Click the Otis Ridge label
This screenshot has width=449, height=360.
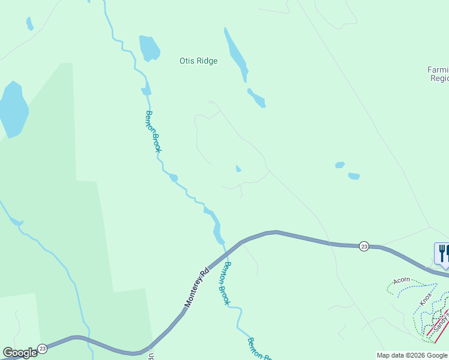(198, 61)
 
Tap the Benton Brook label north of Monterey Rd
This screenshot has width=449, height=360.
(153, 131)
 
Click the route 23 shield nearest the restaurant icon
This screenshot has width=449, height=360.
(364, 246)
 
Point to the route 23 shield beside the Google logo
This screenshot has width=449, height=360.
(42, 349)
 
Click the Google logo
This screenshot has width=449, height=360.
(19, 353)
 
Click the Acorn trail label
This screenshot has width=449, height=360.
(402, 280)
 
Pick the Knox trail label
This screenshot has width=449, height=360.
(426, 299)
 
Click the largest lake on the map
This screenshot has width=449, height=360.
(13, 109)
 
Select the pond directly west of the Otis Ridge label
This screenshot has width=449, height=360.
(149, 48)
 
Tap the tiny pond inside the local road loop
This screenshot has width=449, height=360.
(238, 169)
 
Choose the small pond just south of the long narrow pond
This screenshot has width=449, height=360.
(257, 98)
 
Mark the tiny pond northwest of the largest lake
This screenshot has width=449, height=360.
(29, 24)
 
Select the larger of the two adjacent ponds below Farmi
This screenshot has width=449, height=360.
(354, 176)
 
